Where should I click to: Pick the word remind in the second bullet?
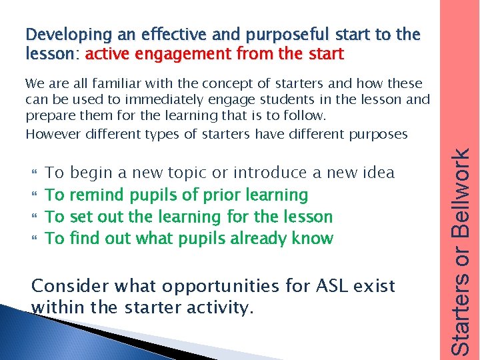97,195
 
